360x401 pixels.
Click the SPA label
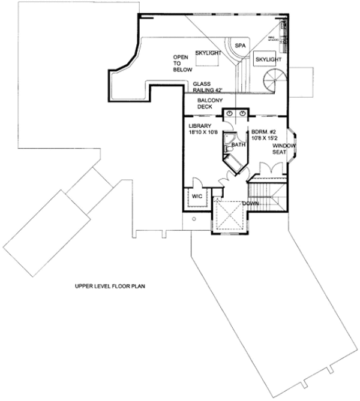pyautogui.click(x=241, y=45)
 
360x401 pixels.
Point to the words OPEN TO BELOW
pyautogui.click(x=181, y=62)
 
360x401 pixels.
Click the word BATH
pyautogui.click(x=238, y=145)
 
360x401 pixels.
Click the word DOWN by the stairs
pyautogui.click(x=251, y=203)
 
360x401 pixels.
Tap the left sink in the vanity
pyautogui.click(x=229, y=113)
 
